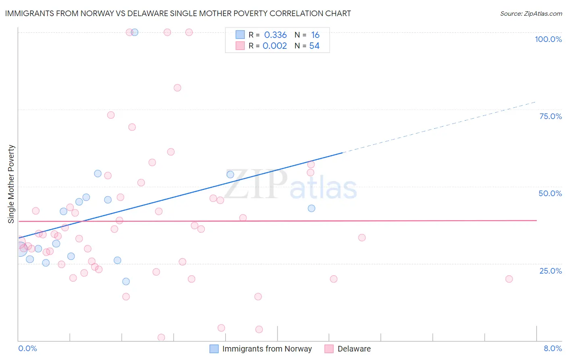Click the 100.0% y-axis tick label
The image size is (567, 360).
[548, 39]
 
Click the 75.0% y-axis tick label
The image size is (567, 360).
[550, 116]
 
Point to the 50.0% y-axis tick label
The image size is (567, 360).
[550, 193]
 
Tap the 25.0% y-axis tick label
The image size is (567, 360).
[550, 270]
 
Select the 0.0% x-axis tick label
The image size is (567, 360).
[27, 348]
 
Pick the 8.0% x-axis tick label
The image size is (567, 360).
[552, 348]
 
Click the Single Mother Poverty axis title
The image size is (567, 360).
[11, 184]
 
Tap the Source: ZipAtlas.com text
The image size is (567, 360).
[531, 13]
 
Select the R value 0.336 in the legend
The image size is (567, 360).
[275, 35]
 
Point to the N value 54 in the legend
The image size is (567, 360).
[314, 46]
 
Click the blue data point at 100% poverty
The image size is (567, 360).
[135, 32]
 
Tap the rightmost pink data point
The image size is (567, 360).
[509, 279]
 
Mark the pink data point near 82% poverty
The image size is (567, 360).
[177, 88]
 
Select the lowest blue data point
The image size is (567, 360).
[126, 281]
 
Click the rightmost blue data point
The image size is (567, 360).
[311, 208]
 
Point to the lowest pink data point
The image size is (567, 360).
[161, 337]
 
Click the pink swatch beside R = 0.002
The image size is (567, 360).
[240, 46]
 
